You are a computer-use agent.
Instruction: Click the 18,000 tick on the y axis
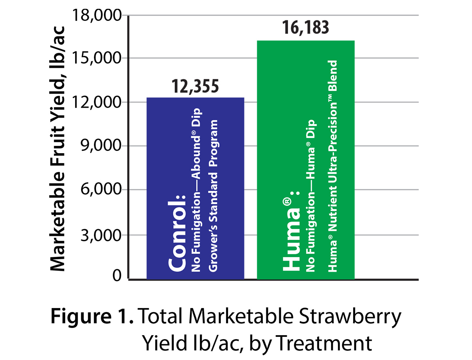[98, 16]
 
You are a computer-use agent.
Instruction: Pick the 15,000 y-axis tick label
[98, 59]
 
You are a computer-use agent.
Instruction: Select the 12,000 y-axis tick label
[98, 103]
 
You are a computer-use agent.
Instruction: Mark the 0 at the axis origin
[116, 276]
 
